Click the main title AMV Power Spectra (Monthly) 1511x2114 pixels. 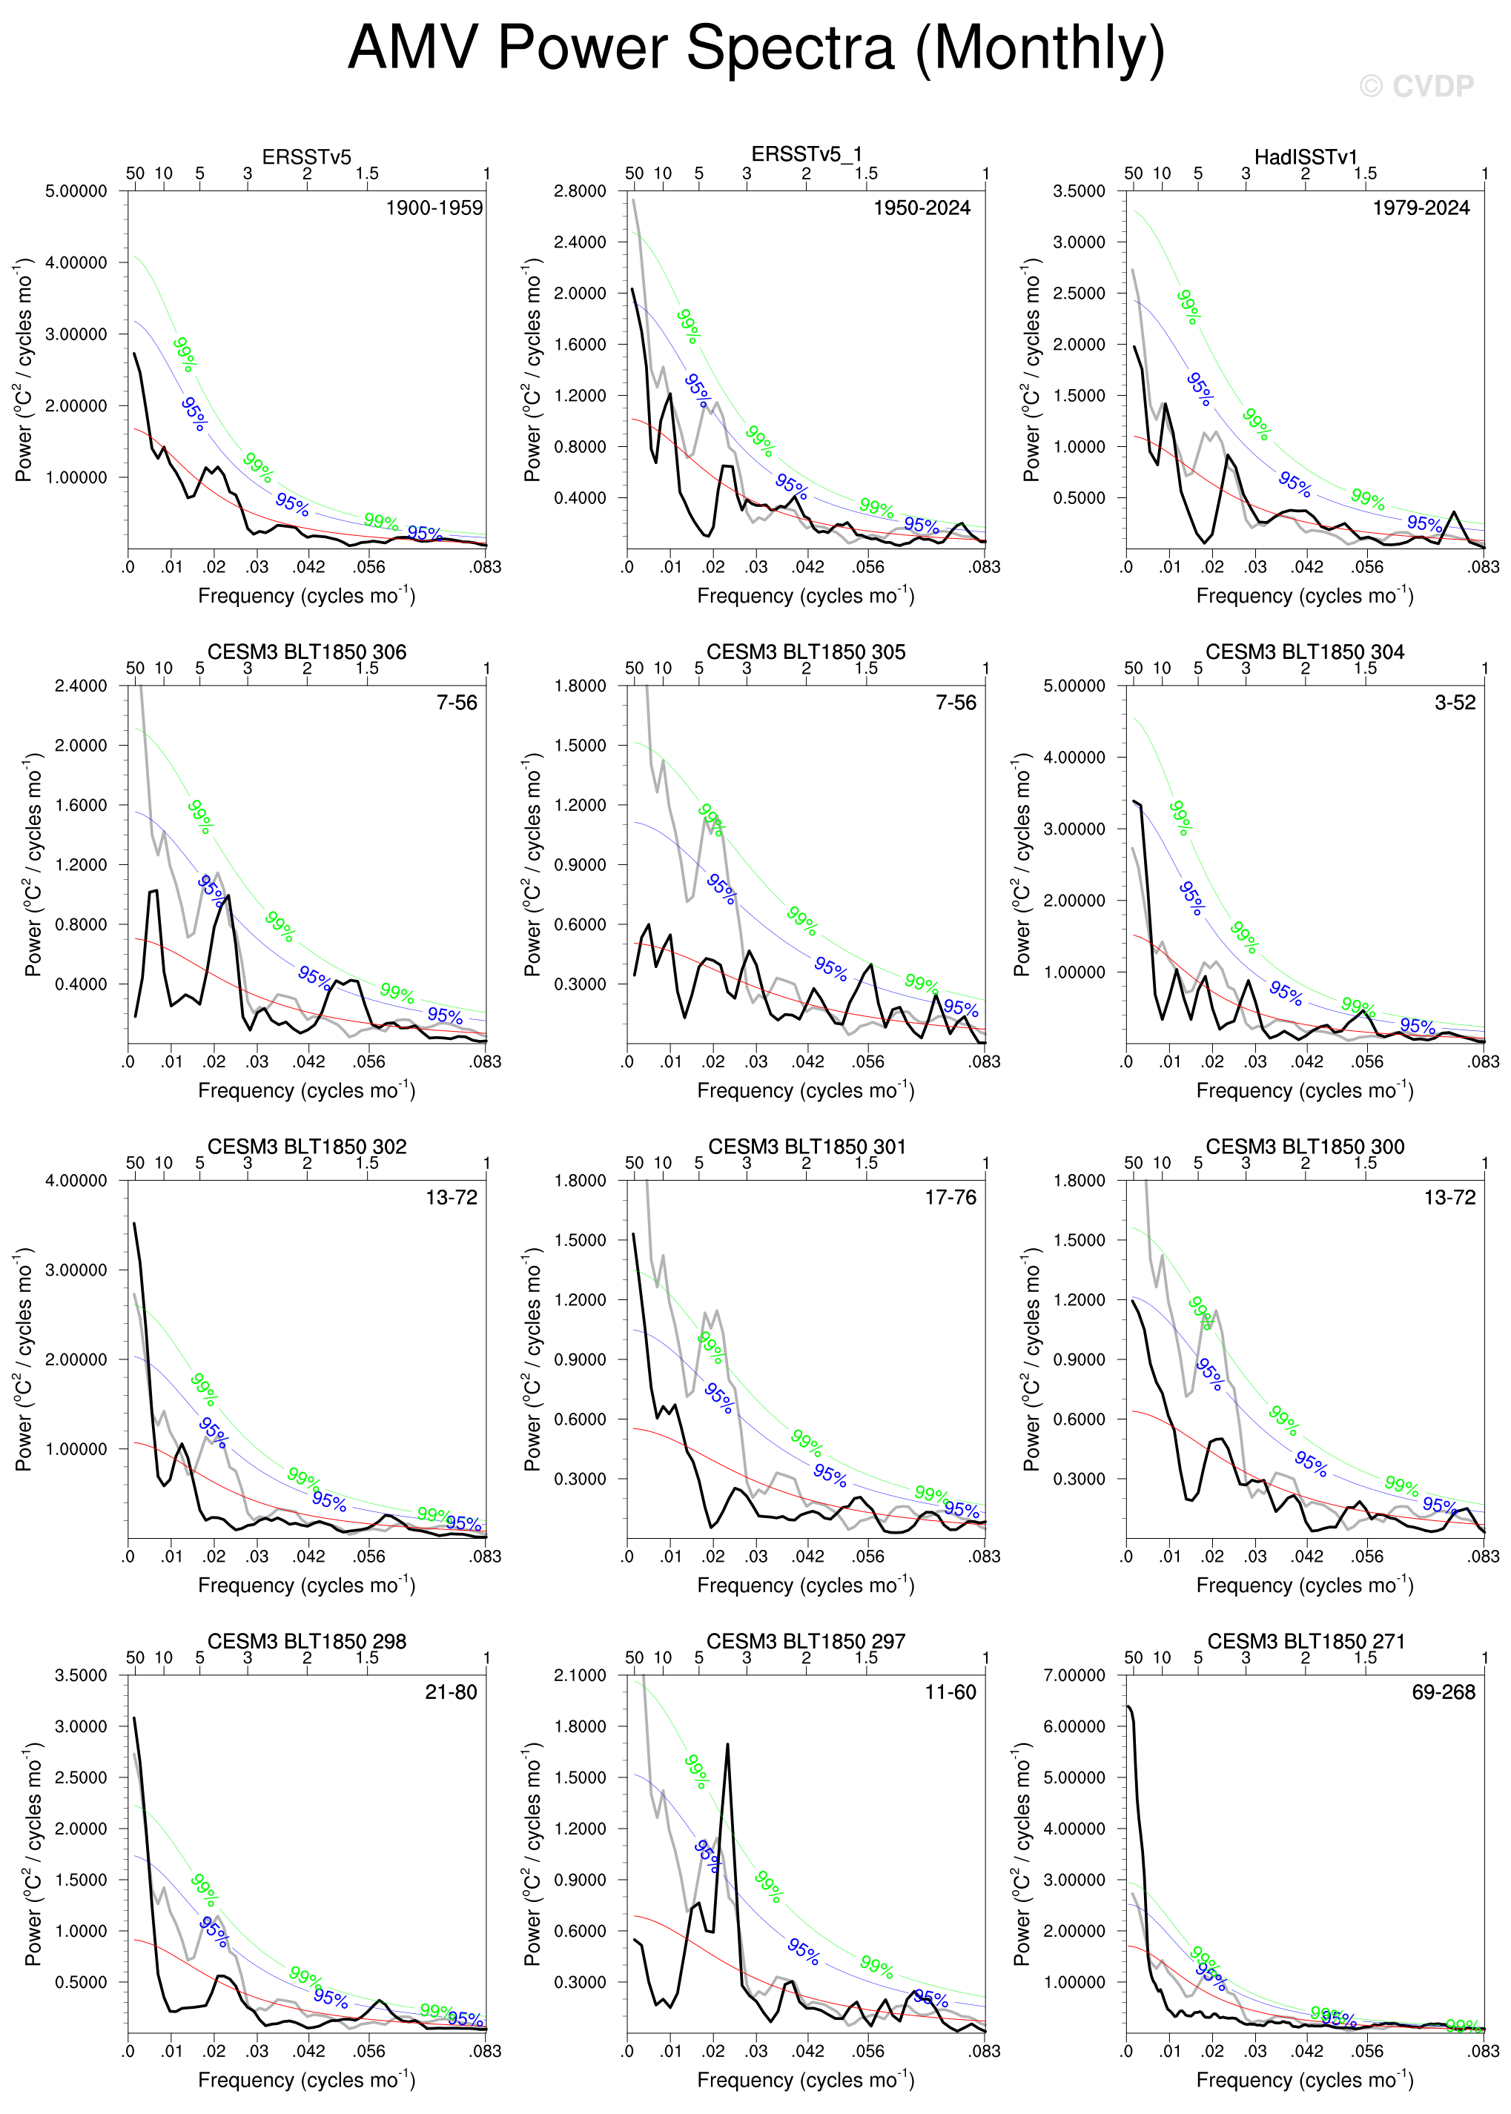755,48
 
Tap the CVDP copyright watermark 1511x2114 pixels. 1416,87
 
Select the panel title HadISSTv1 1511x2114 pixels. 1306,156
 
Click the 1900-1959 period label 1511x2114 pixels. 434,208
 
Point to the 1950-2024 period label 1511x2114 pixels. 921,208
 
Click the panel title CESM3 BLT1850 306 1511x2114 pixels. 306,651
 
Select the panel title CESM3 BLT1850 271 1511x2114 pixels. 1306,1640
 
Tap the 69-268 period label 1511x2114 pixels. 1443,1691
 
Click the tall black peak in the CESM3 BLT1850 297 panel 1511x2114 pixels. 727,1746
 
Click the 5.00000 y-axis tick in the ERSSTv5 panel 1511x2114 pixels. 76,190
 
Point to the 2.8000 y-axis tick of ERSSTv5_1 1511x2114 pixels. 580,190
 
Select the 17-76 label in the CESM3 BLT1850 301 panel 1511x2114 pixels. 950,1197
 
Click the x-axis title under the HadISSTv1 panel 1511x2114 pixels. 1304,595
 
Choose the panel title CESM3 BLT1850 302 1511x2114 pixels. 306,1146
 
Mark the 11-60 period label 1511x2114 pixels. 950,1691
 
